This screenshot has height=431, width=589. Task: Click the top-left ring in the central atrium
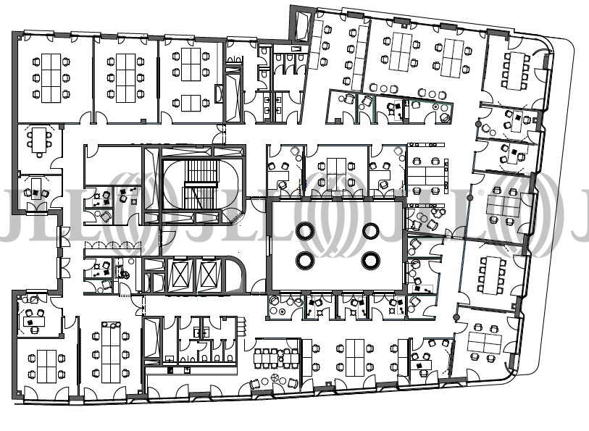pos(304,231)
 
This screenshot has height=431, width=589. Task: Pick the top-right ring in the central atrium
pos(371,231)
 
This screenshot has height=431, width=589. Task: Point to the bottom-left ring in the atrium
pos(304,260)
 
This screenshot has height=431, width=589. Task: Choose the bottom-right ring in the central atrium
pos(371,260)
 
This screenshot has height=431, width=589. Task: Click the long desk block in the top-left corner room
pos(51,78)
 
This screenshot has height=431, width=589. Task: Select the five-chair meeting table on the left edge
pos(38,140)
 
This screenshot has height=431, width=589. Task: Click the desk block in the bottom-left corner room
pos(47,366)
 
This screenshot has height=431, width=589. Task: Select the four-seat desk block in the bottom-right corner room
pos(485,343)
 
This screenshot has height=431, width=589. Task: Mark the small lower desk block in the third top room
pos(191,104)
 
